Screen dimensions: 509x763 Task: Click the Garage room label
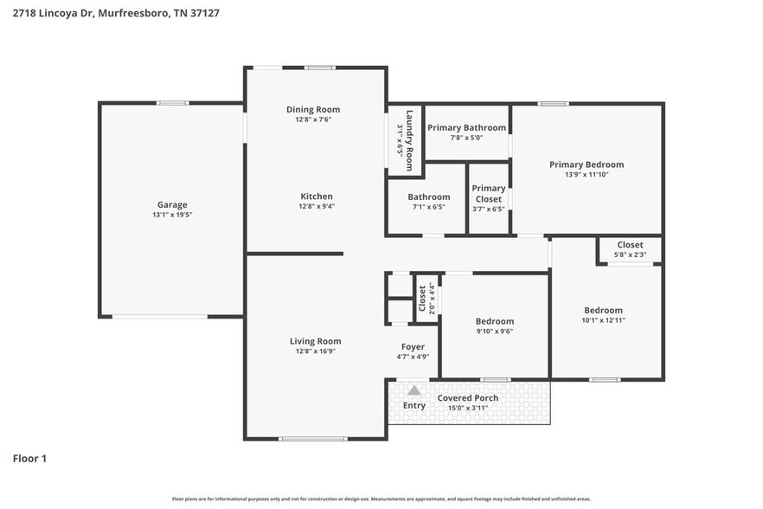[171, 205]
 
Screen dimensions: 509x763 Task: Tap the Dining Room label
[313, 109]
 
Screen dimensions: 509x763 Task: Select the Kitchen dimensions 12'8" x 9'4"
[316, 207]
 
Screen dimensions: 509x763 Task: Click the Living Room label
[315, 341]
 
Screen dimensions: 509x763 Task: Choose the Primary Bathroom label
[466, 127]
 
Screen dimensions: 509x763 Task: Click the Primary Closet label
[489, 193]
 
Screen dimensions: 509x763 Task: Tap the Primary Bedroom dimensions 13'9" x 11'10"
[587, 175]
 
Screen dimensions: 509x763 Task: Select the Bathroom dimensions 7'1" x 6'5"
[429, 207]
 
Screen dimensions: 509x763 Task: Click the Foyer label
[413, 346]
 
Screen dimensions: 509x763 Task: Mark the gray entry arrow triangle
[414, 390]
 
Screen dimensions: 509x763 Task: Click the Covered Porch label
[467, 398]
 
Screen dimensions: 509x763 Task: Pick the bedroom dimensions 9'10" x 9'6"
[495, 331]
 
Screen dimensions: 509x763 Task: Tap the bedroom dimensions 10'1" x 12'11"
[603, 320]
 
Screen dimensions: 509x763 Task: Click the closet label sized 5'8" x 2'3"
[630, 245]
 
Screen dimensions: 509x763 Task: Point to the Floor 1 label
[29, 458]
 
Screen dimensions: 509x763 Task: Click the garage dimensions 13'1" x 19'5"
[171, 215]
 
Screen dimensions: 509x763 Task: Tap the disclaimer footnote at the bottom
[381, 499]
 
